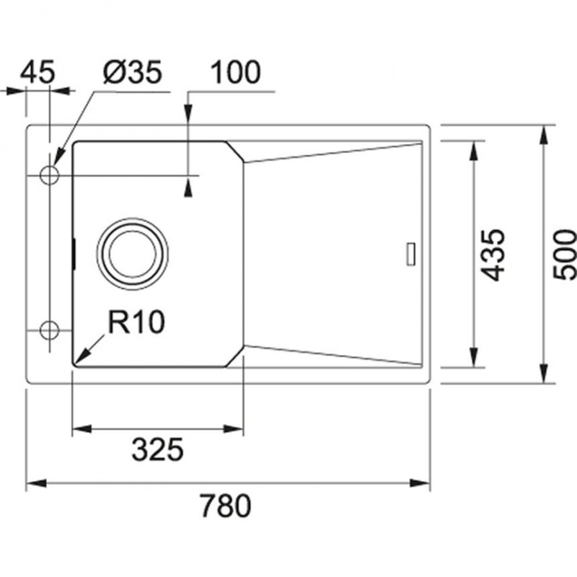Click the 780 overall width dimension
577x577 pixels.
(226, 506)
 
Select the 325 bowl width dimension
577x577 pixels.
(157, 449)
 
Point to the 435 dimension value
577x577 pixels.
(493, 255)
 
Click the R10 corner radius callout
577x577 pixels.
(136, 322)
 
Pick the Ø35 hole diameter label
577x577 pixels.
(133, 71)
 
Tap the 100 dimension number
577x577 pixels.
(235, 71)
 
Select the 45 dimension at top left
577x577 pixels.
(38, 71)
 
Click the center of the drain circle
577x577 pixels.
(133, 254)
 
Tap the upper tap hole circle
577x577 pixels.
(49, 175)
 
